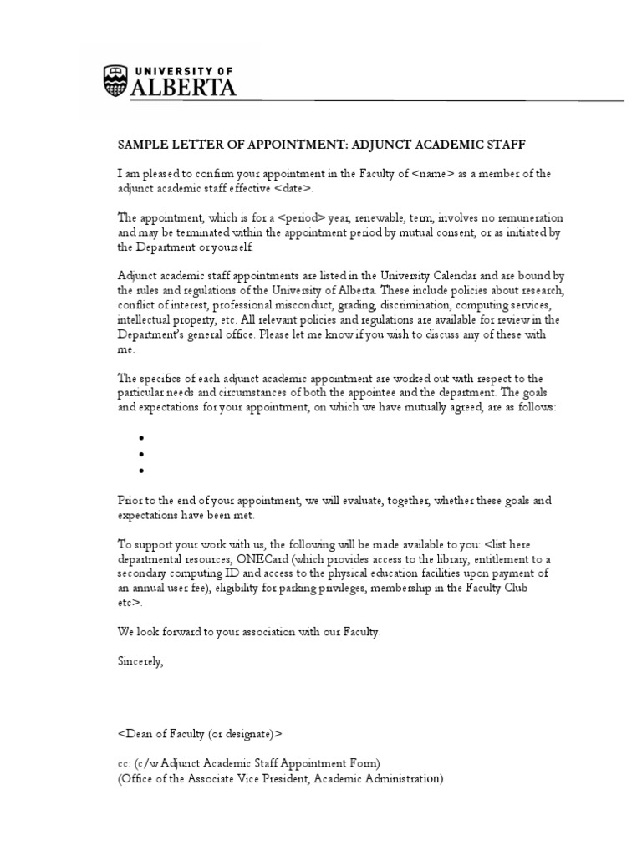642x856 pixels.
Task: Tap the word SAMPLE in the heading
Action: (x=144, y=144)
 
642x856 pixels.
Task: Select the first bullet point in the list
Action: (x=142, y=438)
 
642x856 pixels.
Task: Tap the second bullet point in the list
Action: (x=142, y=454)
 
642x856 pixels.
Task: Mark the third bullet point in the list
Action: (x=142, y=471)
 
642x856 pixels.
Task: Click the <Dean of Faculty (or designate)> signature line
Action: (x=200, y=734)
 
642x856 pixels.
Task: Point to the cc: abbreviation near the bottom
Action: (x=125, y=763)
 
